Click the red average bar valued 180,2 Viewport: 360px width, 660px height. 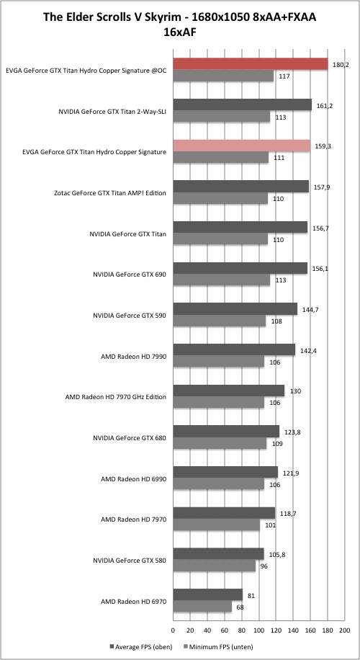251,64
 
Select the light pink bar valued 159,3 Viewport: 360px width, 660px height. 241,146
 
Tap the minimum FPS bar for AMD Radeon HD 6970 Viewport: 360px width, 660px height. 202,607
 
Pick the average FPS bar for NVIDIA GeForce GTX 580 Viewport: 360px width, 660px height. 219,554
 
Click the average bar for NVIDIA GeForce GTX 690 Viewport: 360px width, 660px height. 240,269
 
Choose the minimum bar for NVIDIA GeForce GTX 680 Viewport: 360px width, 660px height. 220,443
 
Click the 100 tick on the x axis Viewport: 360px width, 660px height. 258,630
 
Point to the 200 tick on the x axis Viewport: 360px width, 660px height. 344,630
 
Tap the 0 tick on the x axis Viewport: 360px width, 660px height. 173,630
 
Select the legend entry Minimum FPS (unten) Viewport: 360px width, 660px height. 219,646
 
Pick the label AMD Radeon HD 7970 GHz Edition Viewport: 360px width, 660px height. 116,397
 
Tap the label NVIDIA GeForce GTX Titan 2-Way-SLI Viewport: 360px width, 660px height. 113,112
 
